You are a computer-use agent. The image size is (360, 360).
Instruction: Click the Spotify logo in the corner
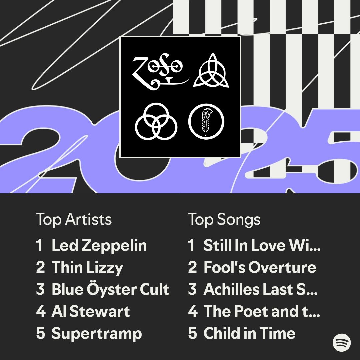coord(342,342)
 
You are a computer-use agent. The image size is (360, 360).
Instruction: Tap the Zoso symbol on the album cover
coord(161,72)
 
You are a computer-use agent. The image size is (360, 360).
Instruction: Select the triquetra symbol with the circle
coord(211,70)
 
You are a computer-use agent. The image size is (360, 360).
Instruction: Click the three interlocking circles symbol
coord(156,121)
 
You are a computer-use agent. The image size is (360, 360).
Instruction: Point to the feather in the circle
coord(206,121)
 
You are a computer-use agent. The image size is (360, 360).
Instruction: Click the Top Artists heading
coord(74,219)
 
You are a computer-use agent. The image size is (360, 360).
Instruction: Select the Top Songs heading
coord(224,220)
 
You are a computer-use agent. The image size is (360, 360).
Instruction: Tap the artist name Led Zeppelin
coord(99,245)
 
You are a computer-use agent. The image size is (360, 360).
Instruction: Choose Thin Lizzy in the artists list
coord(87,267)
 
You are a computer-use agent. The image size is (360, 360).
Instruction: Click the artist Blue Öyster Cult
coord(110,289)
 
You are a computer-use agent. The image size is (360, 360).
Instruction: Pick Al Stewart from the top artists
coord(91,311)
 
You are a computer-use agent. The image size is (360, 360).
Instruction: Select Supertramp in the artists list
coord(97,334)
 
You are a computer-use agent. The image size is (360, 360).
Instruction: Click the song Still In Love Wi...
coord(262,245)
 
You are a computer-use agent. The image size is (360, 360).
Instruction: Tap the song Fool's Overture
coord(260,267)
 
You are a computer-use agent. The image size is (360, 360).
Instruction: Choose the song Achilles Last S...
coord(261,289)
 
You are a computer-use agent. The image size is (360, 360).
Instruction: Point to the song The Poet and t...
coord(262,311)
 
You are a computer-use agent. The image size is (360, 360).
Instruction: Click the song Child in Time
coord(249,333)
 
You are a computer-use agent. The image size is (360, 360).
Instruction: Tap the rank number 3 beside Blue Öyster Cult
coord(40,289)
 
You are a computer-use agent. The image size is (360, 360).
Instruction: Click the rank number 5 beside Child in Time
coord(192,333)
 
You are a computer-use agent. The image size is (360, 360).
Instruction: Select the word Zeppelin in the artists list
coord(114,246)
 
